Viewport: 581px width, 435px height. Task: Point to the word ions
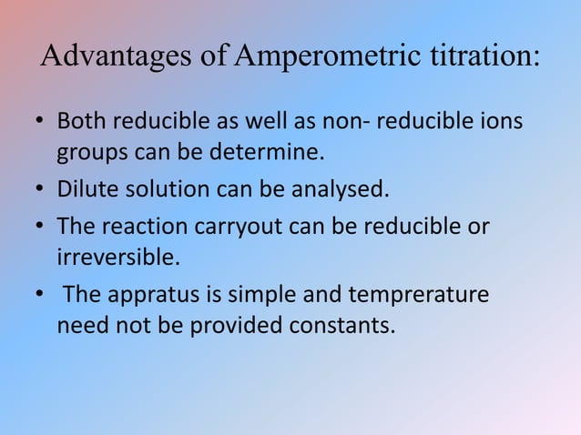[x=500, y=121]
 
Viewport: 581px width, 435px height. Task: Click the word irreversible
[x=114, y=257]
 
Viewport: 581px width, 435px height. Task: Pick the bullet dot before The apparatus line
[x=41, y=296]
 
